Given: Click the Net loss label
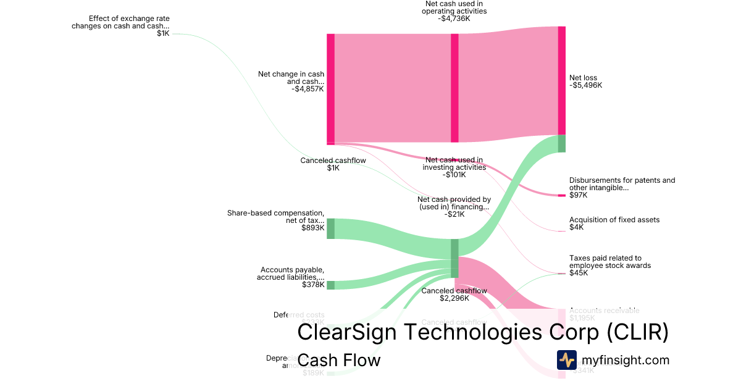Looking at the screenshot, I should [x=583, y=78].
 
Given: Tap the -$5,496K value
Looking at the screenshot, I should [x=585, y=85].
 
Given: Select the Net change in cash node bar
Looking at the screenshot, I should [x=330, y=89].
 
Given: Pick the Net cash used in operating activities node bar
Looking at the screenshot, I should [x=454, y=88].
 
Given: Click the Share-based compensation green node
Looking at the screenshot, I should [x=330, y=228].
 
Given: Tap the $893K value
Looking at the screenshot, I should [x=313, y=227].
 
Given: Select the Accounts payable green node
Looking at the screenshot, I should [x=330, y=285].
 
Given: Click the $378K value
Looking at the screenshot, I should [x=313, y=285].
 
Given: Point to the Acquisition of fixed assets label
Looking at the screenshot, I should [x=614, y=220].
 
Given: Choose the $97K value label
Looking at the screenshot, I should [x=579, y=195].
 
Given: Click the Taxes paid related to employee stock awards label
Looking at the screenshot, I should [x=609, y=262].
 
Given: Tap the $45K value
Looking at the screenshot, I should [x=579, y=273].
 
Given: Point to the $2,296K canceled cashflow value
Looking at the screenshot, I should [x=454, y=298].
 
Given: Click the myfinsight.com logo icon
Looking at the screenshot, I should [x=566, y=360].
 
